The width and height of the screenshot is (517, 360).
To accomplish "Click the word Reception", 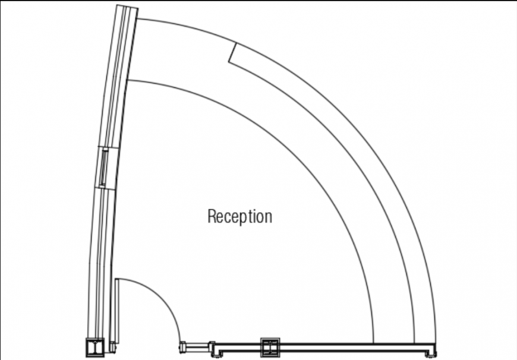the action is [x=239, y=217].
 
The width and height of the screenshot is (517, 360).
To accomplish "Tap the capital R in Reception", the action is [x=212, y=216].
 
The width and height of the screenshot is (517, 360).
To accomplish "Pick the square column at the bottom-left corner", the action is [x=94, y=347].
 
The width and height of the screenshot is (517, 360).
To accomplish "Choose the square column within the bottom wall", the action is [x=269, y=347].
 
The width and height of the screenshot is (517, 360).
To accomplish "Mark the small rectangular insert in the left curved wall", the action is [x=104, y=168].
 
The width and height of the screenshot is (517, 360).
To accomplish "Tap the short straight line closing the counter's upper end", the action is [x=232, y=52].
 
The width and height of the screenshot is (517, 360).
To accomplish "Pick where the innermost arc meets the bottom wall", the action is [x=373, y=343].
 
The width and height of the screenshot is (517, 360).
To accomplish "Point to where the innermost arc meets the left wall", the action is [x=127, y=80].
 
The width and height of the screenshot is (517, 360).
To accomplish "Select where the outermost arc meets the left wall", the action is [x=137, y=18].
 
